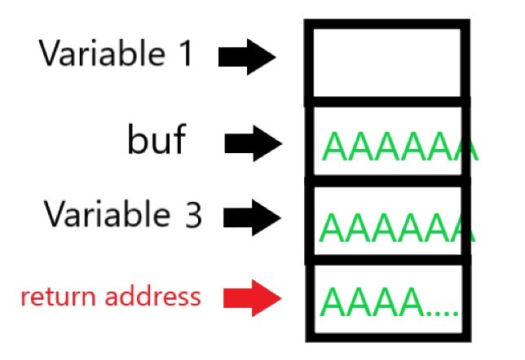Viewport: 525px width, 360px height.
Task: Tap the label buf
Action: pos(157,141)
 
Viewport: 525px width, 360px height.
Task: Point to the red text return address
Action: pos(111,296)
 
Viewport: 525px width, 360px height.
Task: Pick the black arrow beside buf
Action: pos(254,144)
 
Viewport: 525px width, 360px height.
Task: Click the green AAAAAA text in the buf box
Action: pos(398,147)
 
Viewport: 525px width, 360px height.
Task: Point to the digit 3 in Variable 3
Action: pos(191,215)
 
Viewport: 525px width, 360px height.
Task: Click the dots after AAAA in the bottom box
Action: pos(441,311)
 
